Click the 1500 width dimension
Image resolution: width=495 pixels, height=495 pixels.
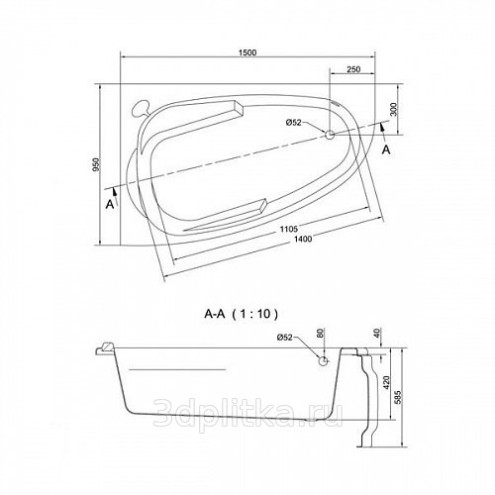pos(248,52)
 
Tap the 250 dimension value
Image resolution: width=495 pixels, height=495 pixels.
pos(353,69)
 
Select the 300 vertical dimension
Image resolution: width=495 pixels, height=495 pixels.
pos(393,109)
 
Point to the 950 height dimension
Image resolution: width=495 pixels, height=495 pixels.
pos(96,164)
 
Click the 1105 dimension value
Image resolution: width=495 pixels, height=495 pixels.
pos(289,229)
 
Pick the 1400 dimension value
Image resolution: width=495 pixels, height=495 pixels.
pos(303,239)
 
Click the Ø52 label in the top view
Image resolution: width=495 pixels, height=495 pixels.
pos(293,123)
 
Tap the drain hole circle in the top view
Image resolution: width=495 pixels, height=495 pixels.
pos(330,135)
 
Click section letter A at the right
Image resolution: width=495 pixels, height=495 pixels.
pos(386,149)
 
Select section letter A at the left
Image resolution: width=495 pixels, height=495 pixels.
pos(110,205)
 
